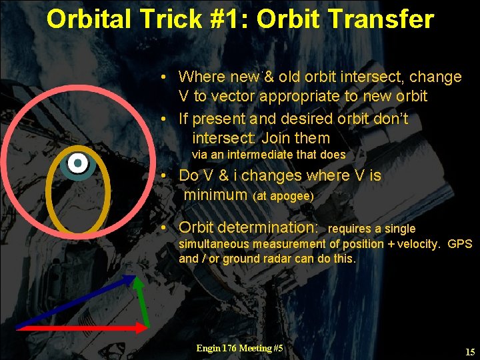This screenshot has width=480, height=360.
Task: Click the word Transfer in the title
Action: [389, 19]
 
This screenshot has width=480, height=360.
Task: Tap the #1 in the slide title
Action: [229, 19]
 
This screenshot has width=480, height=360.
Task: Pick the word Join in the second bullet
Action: [276, 138]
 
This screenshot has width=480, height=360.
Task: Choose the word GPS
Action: [459, 244]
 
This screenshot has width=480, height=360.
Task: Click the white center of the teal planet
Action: [78, 162]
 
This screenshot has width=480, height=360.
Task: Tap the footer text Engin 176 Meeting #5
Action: [239, 348]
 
